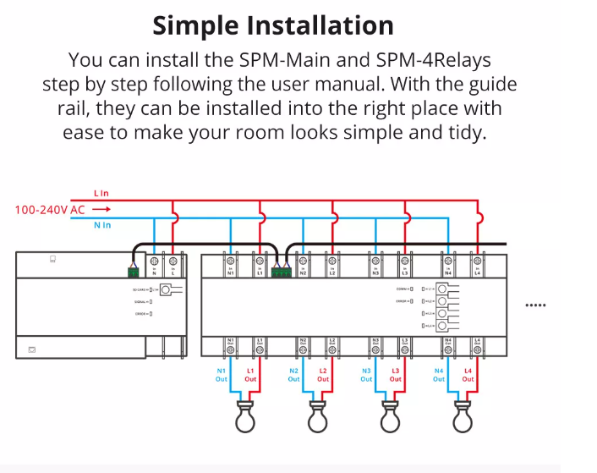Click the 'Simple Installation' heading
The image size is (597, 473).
[x=273, y=25]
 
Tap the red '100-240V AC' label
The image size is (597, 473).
[x=49, y=209]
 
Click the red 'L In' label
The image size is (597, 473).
[x=101, y=194]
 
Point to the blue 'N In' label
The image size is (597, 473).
[x=102, y=225]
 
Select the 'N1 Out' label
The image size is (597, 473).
[x=222, y=375]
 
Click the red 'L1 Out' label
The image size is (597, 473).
[x=250, y=375]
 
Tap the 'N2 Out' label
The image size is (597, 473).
[x=293, y=375]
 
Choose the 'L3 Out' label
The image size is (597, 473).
[x=395, y=375]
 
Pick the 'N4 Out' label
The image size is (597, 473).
[x=439, y=375]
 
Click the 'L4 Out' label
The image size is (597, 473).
[x=468, y=375]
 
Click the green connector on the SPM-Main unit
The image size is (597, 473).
[x=134, y=271]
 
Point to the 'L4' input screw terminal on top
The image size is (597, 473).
[x=477, y=261]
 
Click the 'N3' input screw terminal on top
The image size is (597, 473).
[x=375, y=261]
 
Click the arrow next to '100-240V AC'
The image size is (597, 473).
[x=101, y=209]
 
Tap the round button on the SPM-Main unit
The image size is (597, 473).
[x=167, y=290]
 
